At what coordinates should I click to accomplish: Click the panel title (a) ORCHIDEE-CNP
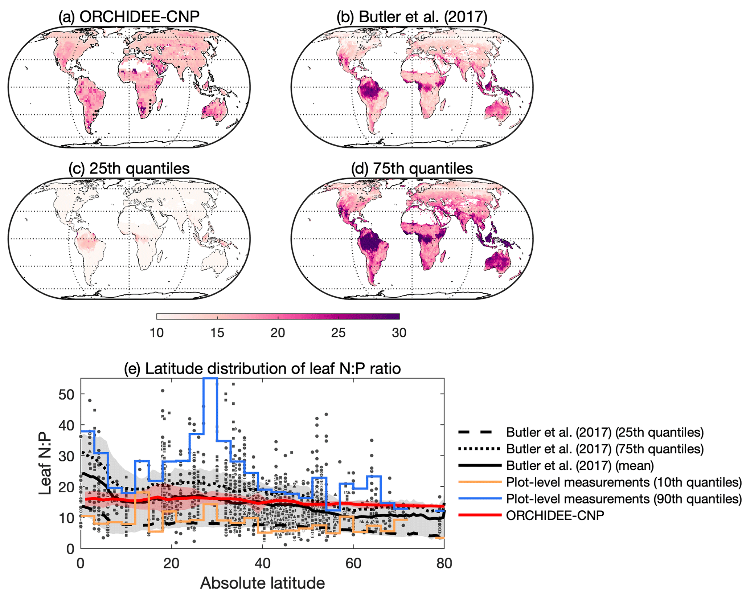(x=129, y=17)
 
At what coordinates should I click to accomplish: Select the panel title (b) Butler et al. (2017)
(x=412, y=17)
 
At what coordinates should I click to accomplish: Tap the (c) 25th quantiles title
(x=129, y=168)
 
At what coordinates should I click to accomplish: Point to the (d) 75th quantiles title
(x=412, y=168)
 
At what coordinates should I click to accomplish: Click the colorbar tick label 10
(x=157, y=332)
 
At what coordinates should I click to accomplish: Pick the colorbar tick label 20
(x=278, y=332)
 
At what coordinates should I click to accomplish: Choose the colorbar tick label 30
(x=399, y=332)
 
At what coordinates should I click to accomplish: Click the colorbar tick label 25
(x=338, y=332)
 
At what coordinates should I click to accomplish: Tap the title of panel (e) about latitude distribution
(x=262, y=368)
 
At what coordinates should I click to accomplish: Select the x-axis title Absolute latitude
(x=262, y=583)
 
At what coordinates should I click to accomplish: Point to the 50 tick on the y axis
(x=66, y=394)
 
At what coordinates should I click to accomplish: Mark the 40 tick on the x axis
(x=262, y=563)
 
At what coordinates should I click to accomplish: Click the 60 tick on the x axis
(x=353, y=563)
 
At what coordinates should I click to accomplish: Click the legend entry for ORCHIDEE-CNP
(x=555, y=515)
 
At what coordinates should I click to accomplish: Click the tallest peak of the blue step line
(x=210, y=378)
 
